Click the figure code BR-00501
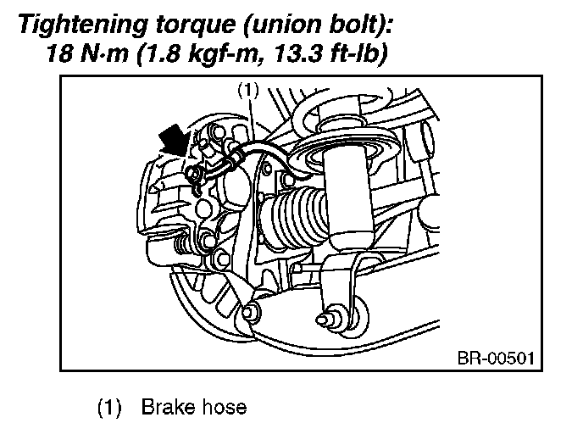tap(496, 359)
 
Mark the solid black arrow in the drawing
tap(173, 141)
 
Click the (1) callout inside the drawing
tap(248, 91)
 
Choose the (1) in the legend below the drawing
tap(109, 408)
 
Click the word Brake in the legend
tap(169, 407)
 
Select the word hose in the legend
tap(225, 407)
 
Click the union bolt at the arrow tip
tap(195, 173)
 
